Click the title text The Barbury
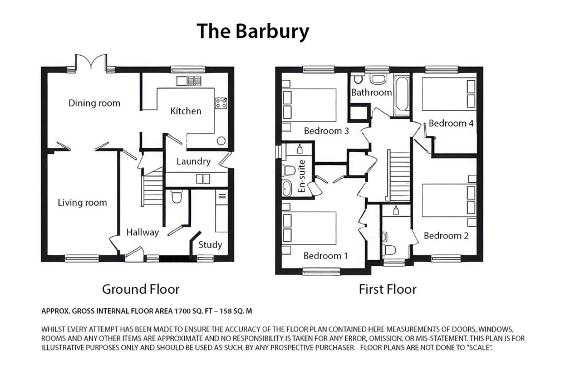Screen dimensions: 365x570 tap(252, 32)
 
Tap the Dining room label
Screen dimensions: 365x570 tap(94, 103)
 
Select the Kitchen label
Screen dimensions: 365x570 tap(185, 111)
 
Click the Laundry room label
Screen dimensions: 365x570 tap(193, 162)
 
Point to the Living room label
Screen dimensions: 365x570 tap(82, 202)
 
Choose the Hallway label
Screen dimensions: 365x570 tap(142, 232)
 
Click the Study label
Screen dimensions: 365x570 tap(210, 244)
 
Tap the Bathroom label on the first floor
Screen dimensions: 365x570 tap(371, 93)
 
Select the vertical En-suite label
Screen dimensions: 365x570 tap(302, 179)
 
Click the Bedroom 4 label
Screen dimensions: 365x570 tap(451, 123)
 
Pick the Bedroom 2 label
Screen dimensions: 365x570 tap(446, 236)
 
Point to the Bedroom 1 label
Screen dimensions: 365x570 tap(326, 256)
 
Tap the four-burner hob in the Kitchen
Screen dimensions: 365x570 tap(220, 103)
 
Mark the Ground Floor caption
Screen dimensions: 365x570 tap(140, 289)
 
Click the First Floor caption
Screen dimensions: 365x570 tap(387, 289)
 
